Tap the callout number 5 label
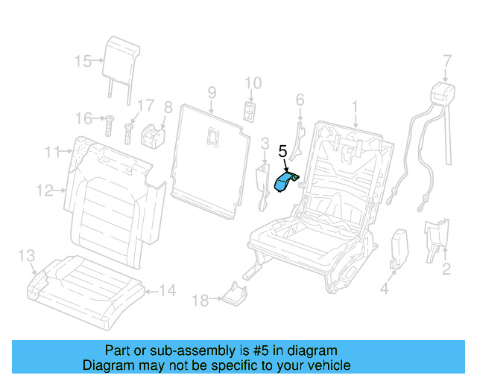[x=282, y=151]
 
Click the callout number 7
[x=447, y=60]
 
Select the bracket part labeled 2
[x=436, y=238]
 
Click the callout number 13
[x=26, y=256]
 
